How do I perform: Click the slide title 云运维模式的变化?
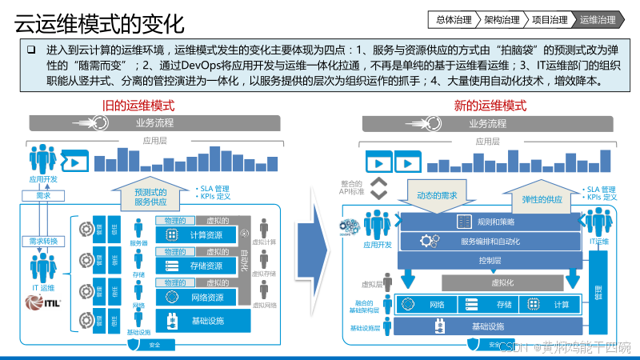click(99, 18)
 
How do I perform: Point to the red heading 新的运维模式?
click(490, 106)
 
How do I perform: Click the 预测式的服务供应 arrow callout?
click(150, 197)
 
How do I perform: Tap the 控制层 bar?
click(490, 260)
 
